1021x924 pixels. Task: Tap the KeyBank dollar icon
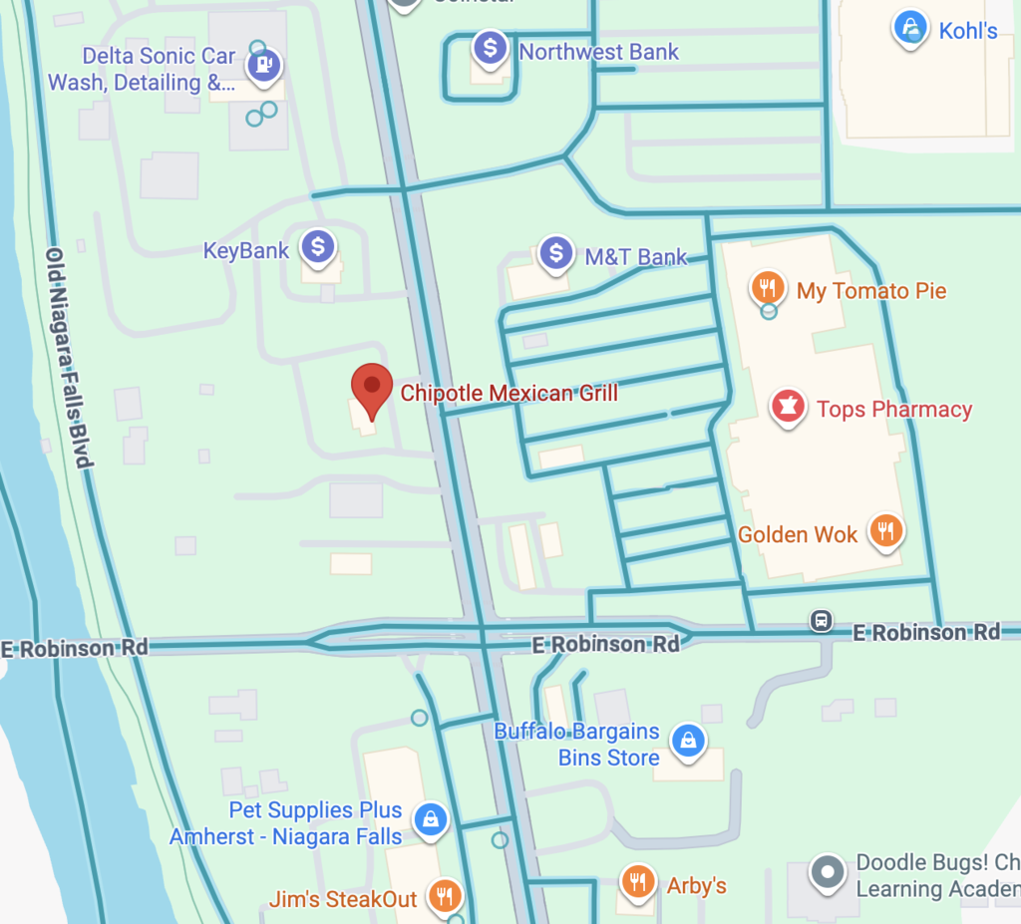tap(318, 247)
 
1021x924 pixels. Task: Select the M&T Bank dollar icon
tap(556, 253)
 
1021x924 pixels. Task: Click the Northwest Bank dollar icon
tap(491, 48)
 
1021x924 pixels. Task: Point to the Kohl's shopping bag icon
tap(910, 27)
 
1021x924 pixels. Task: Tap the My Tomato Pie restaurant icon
tap(767, 288)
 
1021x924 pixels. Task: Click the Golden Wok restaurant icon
tap(885, 531)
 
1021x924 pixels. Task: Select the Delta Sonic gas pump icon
tap(264, 66)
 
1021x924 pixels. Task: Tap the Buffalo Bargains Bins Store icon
tap(688, 741)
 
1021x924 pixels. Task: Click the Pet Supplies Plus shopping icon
tap(430, 819)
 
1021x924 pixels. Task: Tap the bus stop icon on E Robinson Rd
tap(822, 621)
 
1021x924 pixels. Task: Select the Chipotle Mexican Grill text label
tap(509, 394)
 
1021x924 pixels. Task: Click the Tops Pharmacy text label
tap(894, 410)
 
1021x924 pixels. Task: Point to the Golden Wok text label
tap(798, 535)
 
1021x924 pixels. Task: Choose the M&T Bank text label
tap(636, 257)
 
